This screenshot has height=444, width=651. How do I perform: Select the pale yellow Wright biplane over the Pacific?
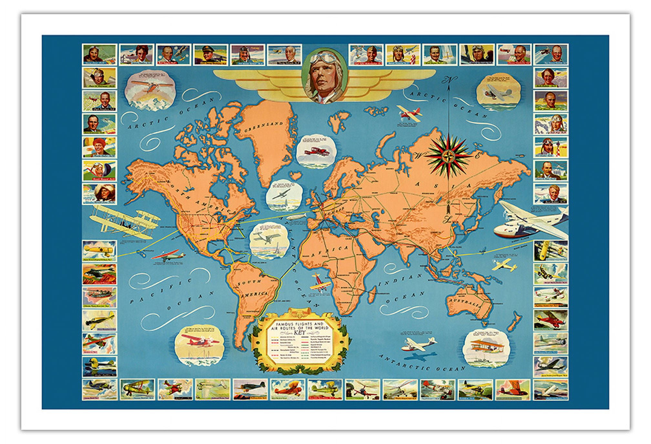(124, 221)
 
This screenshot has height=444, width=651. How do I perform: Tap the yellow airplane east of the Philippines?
(504, 265)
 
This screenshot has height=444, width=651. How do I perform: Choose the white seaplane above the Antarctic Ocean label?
(418, 344)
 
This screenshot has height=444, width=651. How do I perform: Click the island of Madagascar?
(372, 295)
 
